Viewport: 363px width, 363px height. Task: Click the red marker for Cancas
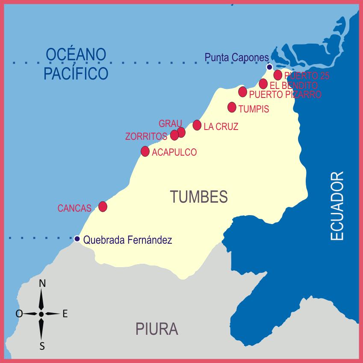[x=103, y=207]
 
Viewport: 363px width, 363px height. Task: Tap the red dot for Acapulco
[x=145, y=151]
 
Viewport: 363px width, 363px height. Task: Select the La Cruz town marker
[x=197, y=125]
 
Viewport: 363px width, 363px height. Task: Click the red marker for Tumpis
[x=232, y=107]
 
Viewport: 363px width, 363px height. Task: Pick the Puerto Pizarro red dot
[x=242, y=91]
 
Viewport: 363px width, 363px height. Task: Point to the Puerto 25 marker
[x=278, y=75]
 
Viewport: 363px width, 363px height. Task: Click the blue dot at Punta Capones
[x=269, y=67]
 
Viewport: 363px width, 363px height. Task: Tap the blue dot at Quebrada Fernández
[x=77, y=239]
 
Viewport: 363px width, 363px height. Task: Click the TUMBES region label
[x=199, y=197]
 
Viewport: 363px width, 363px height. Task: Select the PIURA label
[x=157, y=329]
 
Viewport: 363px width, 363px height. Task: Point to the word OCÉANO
[x=76, y=55]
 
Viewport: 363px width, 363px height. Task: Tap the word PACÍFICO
[x=76, y=73]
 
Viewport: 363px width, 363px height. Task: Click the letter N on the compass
[x=42, y=283]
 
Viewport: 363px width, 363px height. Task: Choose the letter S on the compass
[x=42, y=346]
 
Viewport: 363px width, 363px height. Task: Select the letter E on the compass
[x=65, y=314]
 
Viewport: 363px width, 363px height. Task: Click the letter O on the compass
[x=19, y=314]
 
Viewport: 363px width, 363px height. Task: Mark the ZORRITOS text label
[x=146, y=136]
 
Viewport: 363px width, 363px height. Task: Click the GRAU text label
[x=167, y=124]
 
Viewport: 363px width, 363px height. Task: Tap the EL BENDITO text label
[x=294, y=86]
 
